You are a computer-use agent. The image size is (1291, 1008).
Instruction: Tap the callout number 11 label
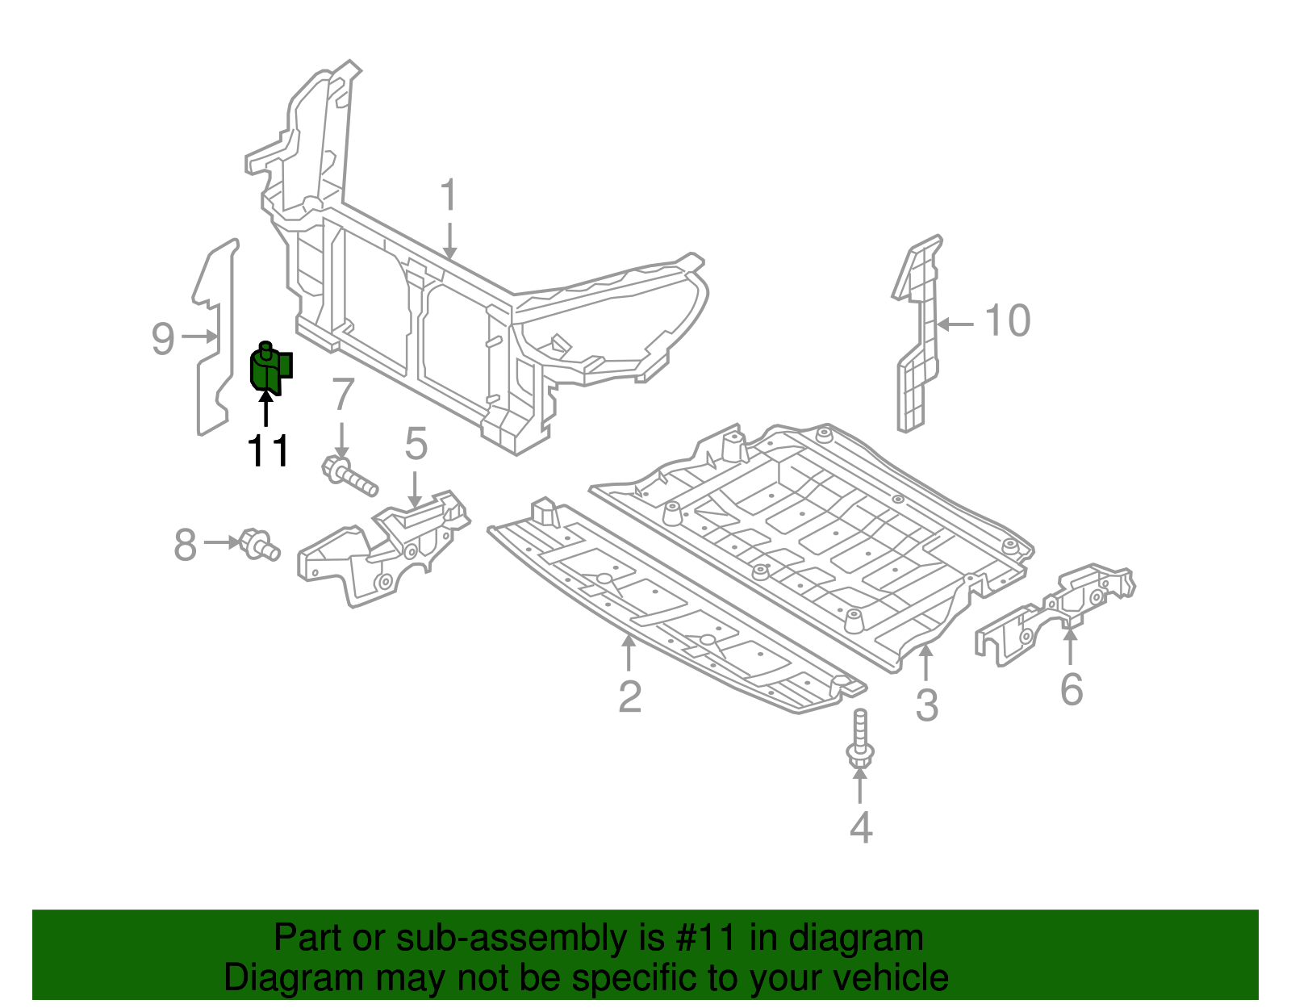pyautogui.click(x=268, y=451)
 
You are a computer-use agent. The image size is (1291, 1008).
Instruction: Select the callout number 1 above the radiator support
pyautogui.click(x=449, y=197)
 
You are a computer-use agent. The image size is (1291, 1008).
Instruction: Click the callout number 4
pyautogui.click(x=861, y=827)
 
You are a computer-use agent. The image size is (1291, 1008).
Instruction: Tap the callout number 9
pyautogui.click(x=163, y=338)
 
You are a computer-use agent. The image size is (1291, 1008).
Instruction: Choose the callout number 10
pyautogui.click(x=1008, y=321)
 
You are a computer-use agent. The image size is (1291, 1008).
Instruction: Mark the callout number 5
pyautogui.click(x=416, y=444)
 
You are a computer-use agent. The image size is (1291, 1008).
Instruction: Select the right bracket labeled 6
pyautogui.click(x=1057, y=613)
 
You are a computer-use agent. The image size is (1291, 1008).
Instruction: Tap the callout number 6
pyautogui.click(x=1071, y=689)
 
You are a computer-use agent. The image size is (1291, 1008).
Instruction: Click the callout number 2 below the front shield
pyautogui.click(x=629, y=696)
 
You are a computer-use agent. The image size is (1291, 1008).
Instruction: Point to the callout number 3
pyautogui.click(x=926, y=705)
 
